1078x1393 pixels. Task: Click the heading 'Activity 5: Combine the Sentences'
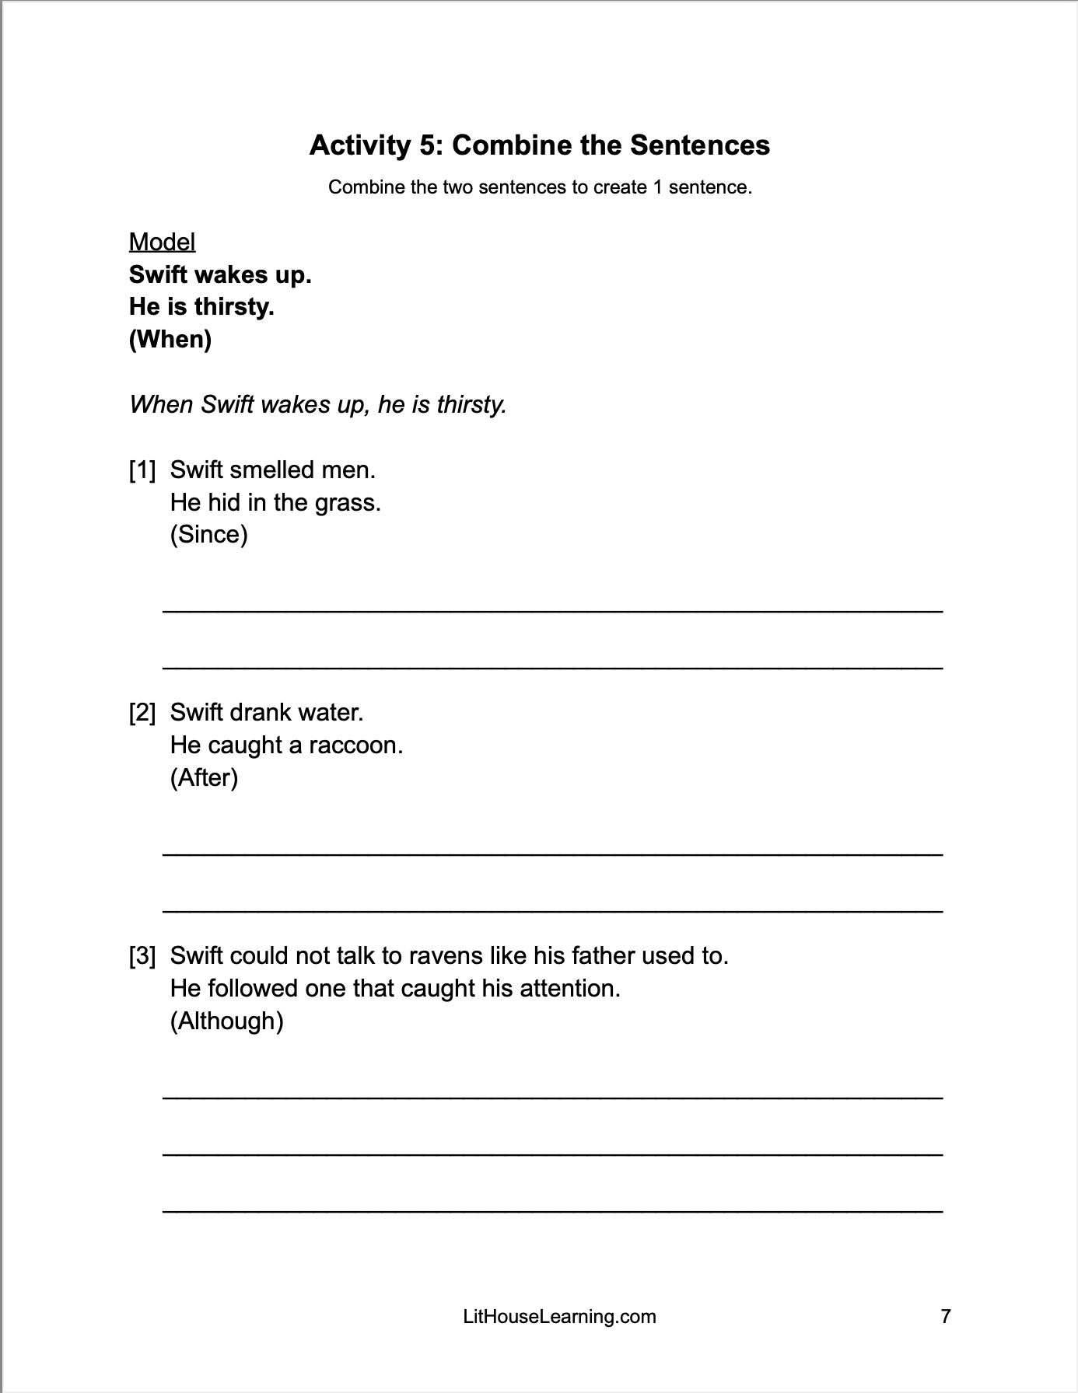pyautogui.click(x=539, y=145)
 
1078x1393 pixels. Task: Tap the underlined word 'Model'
pyautogui.click(x=162, y=242)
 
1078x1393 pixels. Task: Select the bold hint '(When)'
pyautogui.click(x=170, y=339)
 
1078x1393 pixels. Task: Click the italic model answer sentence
pyautogui.click(x=317, y=404)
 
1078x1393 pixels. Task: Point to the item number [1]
pyautogui.click(x=142, y=470)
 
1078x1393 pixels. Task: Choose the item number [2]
pyautogui.click(x=142, y=712)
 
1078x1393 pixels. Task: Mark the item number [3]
pyautogui.click(x=142, y=955)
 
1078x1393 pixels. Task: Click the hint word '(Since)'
pyautogui.click(x=208, y=535)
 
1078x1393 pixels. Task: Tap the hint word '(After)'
pyautogui.click(x=204, y=777)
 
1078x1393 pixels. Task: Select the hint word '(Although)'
pyautogui.click(x=226, y=1021)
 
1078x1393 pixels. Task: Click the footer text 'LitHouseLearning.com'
pyautogui.click(x=559, y=1316)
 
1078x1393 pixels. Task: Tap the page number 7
pyautogui.click(x=946, y=1316)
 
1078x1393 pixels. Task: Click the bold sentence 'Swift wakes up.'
pyautogui.click(x=220, y=274)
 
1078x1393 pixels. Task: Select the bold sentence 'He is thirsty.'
pyautogui.click(x=201, y=307)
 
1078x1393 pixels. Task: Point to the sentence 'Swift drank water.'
pyautogui.click(x=267, y=712)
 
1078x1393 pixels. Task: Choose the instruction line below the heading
pyautogui.click(x=540, y=187)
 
